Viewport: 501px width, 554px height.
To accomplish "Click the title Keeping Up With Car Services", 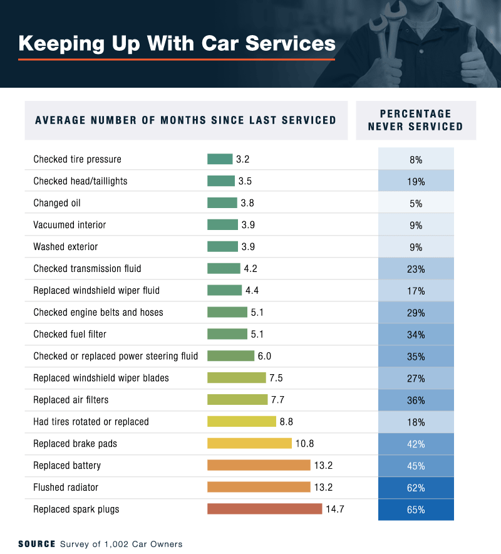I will (x=177, y=43).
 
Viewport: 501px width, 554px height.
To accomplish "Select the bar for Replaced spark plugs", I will (x=264, y=509).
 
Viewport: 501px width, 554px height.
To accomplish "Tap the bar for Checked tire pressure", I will (x=220, y=159).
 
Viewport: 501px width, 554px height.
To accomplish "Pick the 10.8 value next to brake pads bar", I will (x=304, y=444).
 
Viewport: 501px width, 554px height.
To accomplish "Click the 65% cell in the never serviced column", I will (x=416, y=510).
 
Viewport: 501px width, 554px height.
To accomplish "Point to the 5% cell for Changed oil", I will (x=416, y=203).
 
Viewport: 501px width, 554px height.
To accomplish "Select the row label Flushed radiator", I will (x=66, y=488).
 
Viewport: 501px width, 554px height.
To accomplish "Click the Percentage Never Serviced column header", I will (x=416, y=120).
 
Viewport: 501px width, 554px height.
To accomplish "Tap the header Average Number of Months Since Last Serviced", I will (x=185, y=120).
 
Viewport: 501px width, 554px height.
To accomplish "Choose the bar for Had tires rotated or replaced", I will (x=241, y=422).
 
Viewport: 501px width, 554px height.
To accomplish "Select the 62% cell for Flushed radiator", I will (x=416, y=488).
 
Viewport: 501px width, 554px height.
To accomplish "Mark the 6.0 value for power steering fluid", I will (x=264, y=356).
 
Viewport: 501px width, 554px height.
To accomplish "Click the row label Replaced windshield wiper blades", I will (x=101, y=378).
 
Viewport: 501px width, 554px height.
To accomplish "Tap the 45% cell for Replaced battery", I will (x=416, y=466).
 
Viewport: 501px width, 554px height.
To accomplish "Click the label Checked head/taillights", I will (x=80, y=181).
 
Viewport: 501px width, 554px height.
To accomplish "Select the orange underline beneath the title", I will (x=177, y=60).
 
